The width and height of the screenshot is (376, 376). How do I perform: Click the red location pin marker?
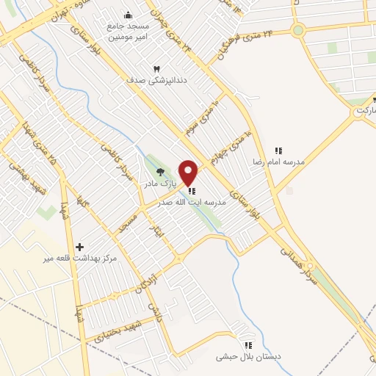tap(189, 173)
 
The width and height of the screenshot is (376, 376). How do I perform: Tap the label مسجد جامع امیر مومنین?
tap(129, 29)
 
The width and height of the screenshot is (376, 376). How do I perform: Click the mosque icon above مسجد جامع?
tap(129, 15)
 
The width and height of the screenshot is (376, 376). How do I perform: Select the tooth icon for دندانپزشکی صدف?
tap(156, 68)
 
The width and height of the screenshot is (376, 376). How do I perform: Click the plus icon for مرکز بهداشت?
tap(80, 247)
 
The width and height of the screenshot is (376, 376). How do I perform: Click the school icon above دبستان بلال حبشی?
tap(248, 344)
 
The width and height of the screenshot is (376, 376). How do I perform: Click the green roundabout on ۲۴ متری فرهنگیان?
tap(297, 30)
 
